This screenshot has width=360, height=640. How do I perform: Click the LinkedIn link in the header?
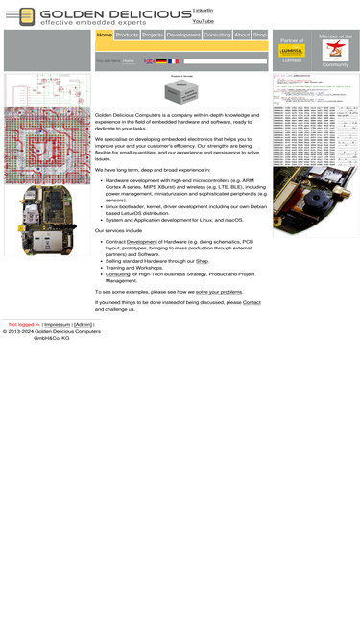(203, 10)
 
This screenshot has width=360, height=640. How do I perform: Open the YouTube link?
(203, 20)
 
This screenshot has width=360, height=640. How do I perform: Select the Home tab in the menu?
(105, 35)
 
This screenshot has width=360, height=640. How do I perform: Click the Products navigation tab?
(127, 35)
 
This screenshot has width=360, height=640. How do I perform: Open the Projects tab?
(153, 35)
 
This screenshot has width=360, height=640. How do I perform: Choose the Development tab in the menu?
(183, 35)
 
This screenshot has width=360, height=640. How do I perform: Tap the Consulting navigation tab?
(217, 35)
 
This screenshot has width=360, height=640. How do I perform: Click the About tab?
(242, 35)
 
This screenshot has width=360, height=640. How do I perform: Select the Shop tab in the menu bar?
(260, 35)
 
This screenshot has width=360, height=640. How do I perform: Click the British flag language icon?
(150, 61)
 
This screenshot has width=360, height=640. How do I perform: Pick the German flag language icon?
(161, 61)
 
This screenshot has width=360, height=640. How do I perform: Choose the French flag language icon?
(174, 61)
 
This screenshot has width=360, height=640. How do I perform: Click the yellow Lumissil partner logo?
(292, 51)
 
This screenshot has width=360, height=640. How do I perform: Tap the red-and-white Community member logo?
(335, 51)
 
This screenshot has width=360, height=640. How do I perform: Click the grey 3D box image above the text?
(180, 92)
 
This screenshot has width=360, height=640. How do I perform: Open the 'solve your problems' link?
(219, 291)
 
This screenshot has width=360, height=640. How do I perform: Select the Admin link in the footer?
(84, 325)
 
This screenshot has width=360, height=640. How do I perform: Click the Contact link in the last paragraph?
(252, 302)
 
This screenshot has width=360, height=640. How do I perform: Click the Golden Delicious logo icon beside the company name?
(26, 16)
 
